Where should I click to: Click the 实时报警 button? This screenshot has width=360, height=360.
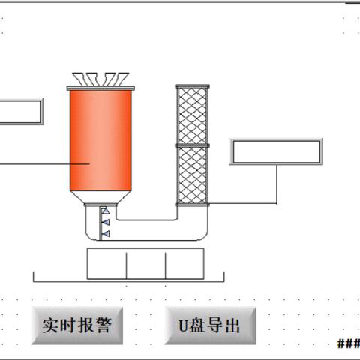77,325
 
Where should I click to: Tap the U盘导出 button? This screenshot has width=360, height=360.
211,325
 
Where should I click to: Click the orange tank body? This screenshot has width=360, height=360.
100,140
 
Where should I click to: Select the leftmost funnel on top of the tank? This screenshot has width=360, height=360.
79,79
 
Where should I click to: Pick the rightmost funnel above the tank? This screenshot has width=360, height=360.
121,79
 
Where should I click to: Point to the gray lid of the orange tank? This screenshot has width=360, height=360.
100,88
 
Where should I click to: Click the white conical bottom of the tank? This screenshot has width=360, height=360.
100,197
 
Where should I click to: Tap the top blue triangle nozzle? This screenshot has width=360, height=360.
105,211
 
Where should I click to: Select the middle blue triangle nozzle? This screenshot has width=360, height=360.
106,222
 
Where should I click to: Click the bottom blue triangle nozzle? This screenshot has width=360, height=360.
106,234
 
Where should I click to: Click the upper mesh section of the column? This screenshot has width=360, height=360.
193,115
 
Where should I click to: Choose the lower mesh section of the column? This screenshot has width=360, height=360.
193,175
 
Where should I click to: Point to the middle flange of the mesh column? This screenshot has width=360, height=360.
193,145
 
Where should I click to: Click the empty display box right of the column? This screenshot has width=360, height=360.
276,151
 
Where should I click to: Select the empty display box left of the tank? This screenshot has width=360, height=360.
20,112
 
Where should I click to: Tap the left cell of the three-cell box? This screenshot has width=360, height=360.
106,264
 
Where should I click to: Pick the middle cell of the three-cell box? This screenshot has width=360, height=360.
146,264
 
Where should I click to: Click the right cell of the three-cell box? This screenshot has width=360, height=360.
184,264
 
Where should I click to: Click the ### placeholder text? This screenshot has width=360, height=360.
349,343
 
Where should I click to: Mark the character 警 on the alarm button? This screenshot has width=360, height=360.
103,325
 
